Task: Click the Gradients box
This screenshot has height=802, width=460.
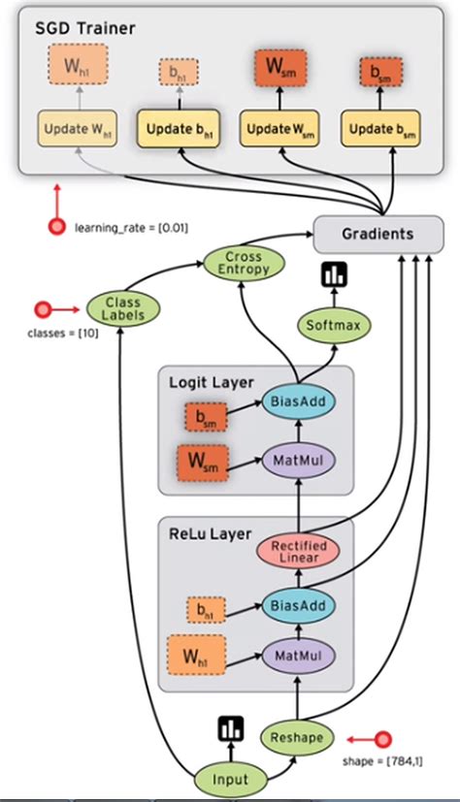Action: (x=372, y=234)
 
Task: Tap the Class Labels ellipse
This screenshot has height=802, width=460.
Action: (x=122, y=309)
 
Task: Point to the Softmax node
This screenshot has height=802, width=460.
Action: (x=333, y=325)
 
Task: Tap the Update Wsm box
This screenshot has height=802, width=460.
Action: (x=276, y=128)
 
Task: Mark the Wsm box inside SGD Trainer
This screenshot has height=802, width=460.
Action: (x=276, y=70)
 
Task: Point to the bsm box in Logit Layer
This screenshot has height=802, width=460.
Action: (x=207, y=418)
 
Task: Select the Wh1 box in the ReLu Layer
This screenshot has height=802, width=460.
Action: (x=197, y=657)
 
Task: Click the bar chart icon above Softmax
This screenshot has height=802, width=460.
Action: (x=333, y=275)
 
